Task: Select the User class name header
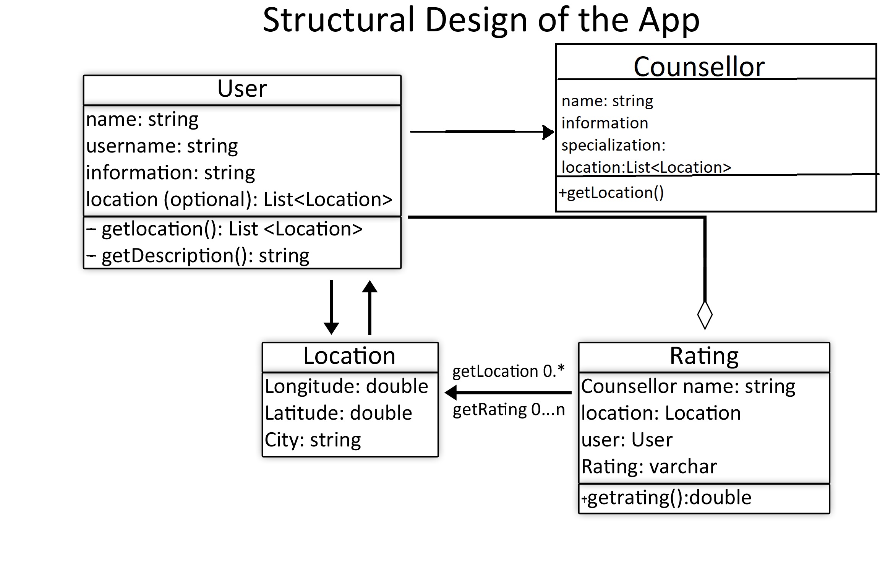pos(242,89)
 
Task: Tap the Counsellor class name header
pos(699,67)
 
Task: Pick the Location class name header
pos(349,356)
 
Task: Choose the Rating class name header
pos(704,356)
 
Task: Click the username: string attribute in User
pos(162,146)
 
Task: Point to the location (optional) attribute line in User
pos(239,200)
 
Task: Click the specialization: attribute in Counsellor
pos(613,145)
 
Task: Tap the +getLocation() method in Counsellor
pos(611,193)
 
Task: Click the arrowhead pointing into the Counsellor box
pos(549,132)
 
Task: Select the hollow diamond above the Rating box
pos(705,315)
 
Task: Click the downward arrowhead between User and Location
pos(331,328)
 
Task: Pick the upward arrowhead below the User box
pos(370,287)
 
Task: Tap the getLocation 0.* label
pos(508,371)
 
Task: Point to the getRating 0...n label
pos(509,410)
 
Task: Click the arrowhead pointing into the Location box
pos(452,393)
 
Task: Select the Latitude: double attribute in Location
pos(339,413)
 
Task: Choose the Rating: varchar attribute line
pos(649,467)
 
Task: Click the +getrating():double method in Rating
pos(666,498)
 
